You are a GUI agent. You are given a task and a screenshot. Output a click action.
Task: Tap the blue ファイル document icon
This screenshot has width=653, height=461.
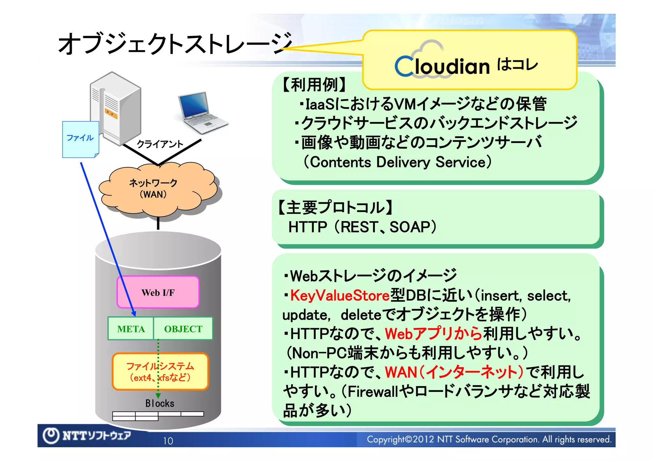(x=80, y=139)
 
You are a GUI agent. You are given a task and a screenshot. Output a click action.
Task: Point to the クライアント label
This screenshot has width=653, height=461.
(x=160, y=144)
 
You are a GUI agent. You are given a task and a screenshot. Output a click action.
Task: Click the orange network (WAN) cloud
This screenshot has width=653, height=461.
(x=158, y=189)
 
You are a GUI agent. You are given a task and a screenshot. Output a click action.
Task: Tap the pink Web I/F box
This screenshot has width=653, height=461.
(x=158, y=292)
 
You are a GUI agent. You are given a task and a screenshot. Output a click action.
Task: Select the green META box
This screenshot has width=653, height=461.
(x=131, y=328)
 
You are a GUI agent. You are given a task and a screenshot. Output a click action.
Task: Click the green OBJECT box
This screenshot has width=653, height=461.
(x=183, y=328)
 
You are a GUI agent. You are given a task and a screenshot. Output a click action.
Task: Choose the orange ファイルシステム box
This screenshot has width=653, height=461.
(x=160, y=371)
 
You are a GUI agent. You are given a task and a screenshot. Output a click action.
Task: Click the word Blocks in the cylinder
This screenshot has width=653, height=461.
(x=160, y=403)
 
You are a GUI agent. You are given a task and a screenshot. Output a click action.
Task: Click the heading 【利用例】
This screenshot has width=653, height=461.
(x=314, y=85)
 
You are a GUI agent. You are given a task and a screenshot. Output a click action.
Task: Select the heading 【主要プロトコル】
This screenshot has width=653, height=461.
(x=335, y=207)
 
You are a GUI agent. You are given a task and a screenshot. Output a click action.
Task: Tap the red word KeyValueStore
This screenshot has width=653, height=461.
(x=340, y=295)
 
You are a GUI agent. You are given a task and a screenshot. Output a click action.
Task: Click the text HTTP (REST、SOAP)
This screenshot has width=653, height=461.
(x=362, y=227)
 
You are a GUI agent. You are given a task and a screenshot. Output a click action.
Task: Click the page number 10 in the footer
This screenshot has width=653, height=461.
(x=168, y=441)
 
